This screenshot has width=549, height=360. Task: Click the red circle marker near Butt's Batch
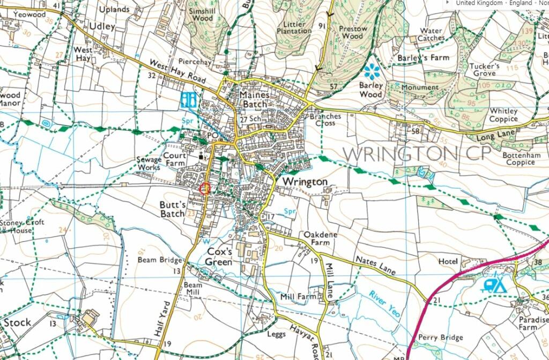tap(204, 188)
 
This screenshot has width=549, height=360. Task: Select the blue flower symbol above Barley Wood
tap(371, 71)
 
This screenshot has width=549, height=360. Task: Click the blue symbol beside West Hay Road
tap(188, 99)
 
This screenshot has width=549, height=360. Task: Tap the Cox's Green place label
tap(220, 257)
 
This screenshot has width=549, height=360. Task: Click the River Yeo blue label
tap(384, 303)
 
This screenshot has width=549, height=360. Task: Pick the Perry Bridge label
tap(441, 337)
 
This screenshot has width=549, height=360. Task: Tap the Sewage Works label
tap(149, 164)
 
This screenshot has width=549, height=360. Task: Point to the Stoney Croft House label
tap(23, 226)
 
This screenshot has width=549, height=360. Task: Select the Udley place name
tap(102, 26)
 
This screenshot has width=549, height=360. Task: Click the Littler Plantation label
tap(294, 27)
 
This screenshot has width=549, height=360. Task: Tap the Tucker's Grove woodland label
tap(484, 70)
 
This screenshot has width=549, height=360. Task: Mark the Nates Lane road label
tap(375, 265)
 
